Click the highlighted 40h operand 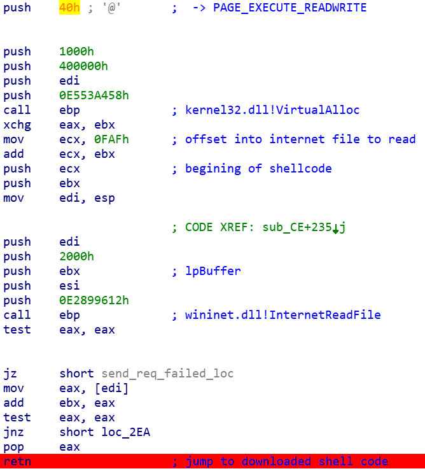[x=69, y=8]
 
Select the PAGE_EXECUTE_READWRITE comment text [x=289, y=8]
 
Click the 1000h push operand [x=76, y=52]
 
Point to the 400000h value [x=83, y=66]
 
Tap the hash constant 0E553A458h [x=94, y=95]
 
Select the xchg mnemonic [x=17, y=125]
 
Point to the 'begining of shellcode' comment [x=258, y=169]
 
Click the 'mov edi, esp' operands [x=87, y=198]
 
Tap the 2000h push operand [x=76, y=257]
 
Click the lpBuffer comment [x=212, y=271]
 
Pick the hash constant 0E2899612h [x=94, y=300]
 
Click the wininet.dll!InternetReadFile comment [x=282, y=315]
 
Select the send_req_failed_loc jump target [x=164, y=374]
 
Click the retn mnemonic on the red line [x=17, y=461]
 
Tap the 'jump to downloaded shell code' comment [x=286, y=461]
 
